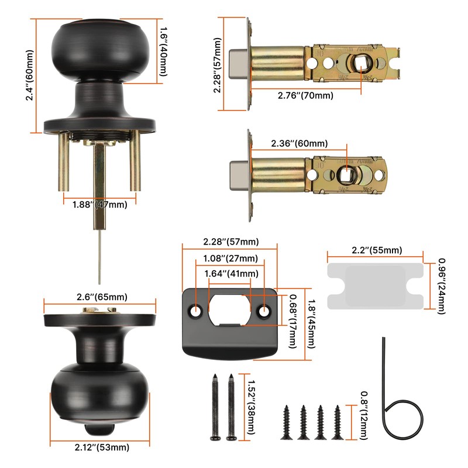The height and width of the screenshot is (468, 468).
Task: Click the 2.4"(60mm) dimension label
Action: [x=30, y=75]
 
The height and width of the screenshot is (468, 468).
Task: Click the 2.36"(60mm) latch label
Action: [x=299, y=143]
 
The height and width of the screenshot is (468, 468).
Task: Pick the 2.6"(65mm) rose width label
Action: [x=99, y=296]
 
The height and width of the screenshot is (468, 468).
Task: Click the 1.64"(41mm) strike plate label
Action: [x=230, y=273]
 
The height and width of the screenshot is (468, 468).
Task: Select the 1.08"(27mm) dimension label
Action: [x=230, y=259]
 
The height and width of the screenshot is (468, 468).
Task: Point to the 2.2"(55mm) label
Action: [x=374, y=250]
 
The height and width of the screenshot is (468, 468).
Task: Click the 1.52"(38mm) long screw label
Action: [x=252, y=405]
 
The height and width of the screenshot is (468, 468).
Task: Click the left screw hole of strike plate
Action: [x=195, y=309]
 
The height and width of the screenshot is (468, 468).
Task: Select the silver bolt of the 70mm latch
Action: [x=238, y=64]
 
